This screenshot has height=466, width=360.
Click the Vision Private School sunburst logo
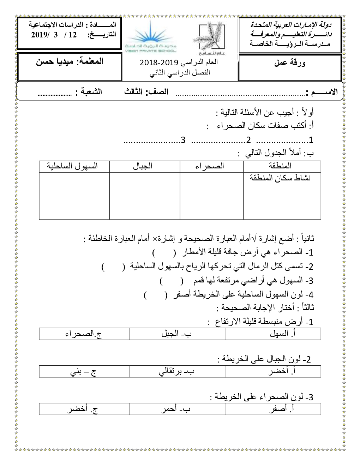tap(151, 37)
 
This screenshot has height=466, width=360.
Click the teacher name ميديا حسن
tap(55, 61)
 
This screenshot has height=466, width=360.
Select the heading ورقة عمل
tap(290, 63)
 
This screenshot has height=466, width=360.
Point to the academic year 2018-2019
tap(159, 63)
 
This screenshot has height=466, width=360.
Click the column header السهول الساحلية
tap(72, 166)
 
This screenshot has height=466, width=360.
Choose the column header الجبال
tap(143, 166)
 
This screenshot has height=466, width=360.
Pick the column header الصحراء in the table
tap(210, 166)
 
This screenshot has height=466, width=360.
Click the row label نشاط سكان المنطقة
tap(280, 178)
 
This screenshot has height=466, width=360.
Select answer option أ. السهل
tap(282, 334)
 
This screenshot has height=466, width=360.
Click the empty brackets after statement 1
tap(164, 253)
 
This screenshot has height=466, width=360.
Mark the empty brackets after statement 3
tap(172, 281)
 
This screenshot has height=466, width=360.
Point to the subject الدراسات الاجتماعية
tap(56, 25)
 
